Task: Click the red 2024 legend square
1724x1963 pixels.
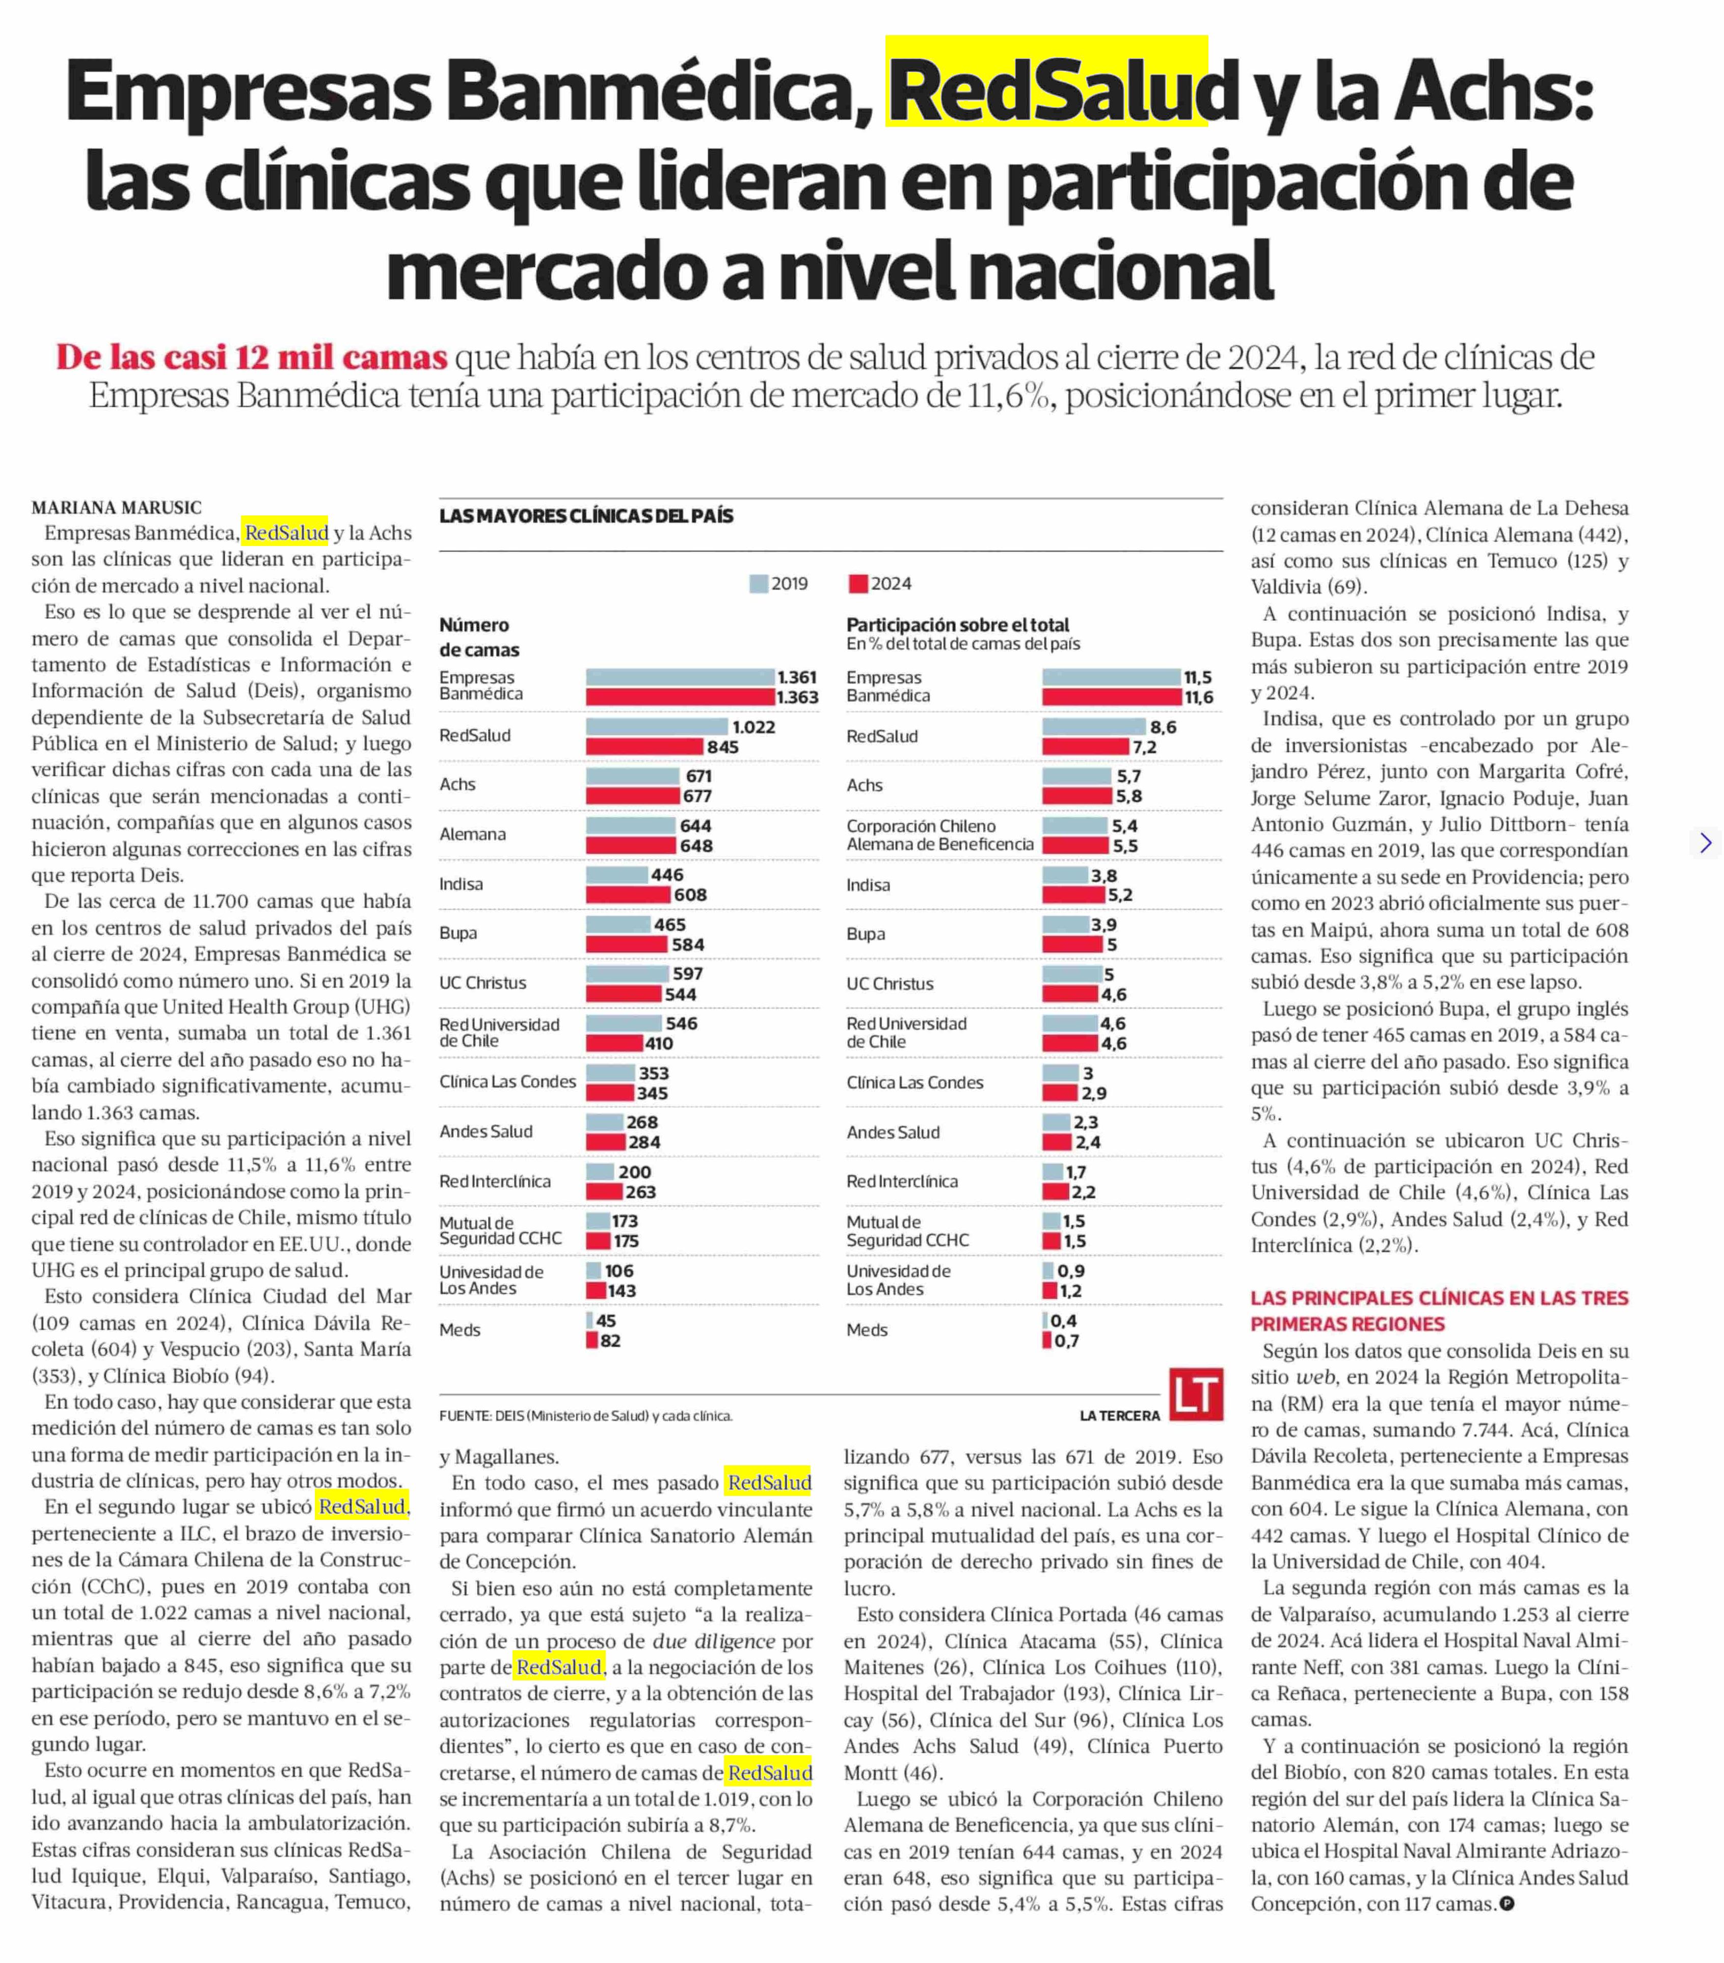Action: pos(858,583)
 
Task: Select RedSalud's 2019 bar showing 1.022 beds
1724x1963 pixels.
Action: pos(657,727)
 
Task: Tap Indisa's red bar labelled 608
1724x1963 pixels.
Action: pos(628,894)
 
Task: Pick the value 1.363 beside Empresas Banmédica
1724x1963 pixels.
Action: pos(797,697)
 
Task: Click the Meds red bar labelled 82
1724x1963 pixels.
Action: pos(591,1340)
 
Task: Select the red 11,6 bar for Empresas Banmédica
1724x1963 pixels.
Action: pos(1111,697)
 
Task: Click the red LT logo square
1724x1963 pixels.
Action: pos(1196,1394)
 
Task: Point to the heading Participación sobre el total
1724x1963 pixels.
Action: pos(958,624)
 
